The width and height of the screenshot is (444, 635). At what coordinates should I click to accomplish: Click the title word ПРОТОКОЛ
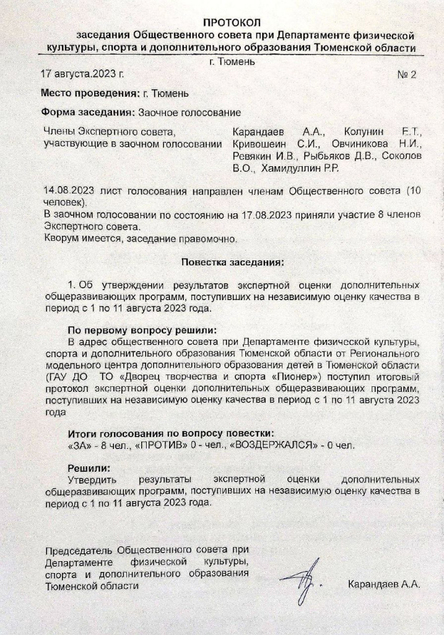click(232, 23)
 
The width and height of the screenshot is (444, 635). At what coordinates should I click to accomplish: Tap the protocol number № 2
click(406, 74)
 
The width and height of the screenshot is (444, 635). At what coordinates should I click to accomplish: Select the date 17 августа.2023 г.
click(82, 73)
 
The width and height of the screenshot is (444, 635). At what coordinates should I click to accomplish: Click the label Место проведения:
click(89, 94)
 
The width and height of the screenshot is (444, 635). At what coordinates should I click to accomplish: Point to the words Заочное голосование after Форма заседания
click(189, 113)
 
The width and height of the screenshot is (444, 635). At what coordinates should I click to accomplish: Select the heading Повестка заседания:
click(232, 262)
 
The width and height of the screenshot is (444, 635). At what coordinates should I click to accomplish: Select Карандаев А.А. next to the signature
click(384, 584)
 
